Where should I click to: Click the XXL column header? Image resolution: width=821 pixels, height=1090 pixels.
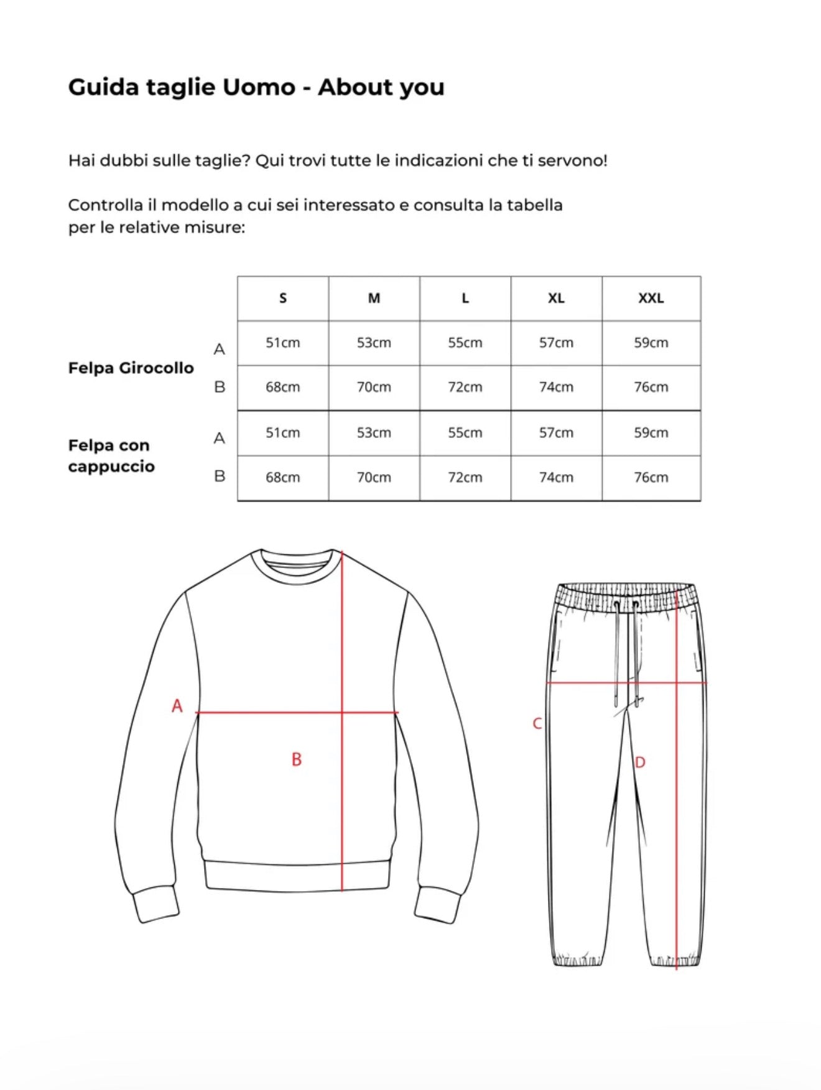651,298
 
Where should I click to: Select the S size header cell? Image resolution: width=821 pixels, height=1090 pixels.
283,298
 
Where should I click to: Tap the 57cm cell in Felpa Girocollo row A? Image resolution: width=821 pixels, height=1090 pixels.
556,342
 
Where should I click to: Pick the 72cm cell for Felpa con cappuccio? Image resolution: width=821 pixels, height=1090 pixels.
465,477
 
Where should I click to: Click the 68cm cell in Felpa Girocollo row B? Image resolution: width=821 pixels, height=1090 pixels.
283,387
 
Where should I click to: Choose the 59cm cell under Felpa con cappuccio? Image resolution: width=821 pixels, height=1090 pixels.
651,433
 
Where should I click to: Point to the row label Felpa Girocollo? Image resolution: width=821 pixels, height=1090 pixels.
131,368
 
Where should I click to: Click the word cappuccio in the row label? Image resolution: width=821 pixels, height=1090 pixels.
111,467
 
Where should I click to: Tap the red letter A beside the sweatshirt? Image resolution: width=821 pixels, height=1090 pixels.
177,706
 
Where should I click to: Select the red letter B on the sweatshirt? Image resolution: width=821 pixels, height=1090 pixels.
297,759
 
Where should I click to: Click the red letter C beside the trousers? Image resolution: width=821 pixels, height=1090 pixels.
537,724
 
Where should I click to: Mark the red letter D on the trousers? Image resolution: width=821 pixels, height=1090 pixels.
640,763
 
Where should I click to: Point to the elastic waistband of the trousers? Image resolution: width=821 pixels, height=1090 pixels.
626,596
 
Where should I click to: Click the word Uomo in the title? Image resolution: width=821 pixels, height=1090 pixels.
259,87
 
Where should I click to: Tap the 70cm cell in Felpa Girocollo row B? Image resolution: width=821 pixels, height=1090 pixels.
374,387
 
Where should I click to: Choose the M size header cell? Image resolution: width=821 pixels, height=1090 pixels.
374,298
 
